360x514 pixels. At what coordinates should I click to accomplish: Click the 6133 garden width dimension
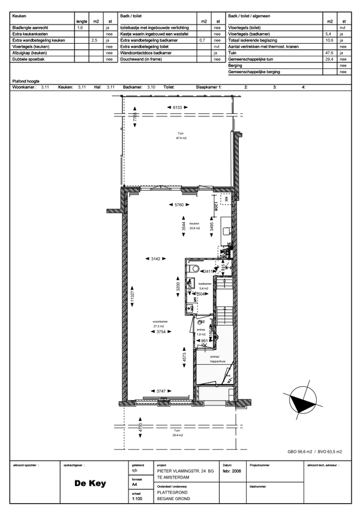click(x=177, y=107)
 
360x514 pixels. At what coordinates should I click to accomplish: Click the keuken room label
click(x=194, y=223)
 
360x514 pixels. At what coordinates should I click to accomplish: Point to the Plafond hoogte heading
click(x=25, y=80)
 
